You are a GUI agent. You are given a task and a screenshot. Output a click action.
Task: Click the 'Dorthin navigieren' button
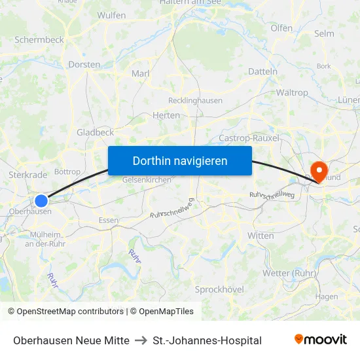(x=180, y=160)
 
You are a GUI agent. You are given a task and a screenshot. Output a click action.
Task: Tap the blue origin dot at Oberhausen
(x=41, y=201)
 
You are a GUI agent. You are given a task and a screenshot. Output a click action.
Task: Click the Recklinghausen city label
(x=195, y=101)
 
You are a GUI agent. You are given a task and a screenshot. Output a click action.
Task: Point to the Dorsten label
(x=84, y=65)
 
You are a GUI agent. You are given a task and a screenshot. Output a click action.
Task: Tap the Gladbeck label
(x=95, y=132)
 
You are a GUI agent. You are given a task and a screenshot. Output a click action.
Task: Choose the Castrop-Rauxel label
(x=249, y=138)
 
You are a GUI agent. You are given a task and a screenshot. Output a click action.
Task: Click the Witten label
(x=261, y=236)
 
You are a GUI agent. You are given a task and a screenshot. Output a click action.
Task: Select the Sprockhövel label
(x=219, y=289)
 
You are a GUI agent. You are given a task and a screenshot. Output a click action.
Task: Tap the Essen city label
(x=108, y=221)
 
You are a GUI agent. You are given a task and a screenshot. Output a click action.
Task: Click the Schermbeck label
(x=39, y=39)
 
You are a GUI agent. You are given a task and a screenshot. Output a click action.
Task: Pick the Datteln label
(x=263, y=71)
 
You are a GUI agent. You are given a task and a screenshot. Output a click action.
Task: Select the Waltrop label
(x=292, y=93)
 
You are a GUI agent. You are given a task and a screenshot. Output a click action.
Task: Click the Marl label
(x=141, y=73)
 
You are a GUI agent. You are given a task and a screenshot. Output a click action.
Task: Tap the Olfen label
(x=281, y=28)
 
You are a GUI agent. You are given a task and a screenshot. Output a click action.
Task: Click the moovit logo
(x=321, y=340)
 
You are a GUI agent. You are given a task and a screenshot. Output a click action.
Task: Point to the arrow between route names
(x=141, y=340)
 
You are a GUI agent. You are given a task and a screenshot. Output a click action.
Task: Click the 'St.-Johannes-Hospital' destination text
(x=207, y=340)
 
